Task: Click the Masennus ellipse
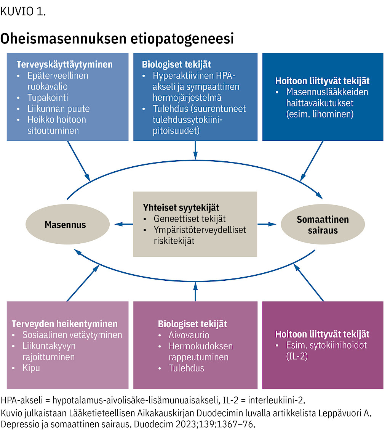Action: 67,224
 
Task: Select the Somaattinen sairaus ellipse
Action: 323,224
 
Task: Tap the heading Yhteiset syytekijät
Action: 181,208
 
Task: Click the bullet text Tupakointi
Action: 48,98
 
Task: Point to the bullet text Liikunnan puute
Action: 58,109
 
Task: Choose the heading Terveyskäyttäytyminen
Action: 64,64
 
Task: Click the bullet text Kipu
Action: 31,368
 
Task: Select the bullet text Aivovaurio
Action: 189,335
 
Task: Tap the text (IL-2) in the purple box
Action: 297,356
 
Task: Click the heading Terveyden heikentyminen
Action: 64,324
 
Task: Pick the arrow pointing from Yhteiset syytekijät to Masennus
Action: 124,224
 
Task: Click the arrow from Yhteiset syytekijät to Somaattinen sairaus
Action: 267,224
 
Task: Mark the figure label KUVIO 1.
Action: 23,11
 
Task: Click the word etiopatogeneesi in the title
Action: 182,39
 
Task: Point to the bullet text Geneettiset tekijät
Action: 190,219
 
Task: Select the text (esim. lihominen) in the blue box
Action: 320,114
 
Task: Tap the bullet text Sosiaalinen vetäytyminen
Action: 72,335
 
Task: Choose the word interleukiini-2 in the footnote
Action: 277,400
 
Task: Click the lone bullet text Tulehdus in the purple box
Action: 186,368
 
